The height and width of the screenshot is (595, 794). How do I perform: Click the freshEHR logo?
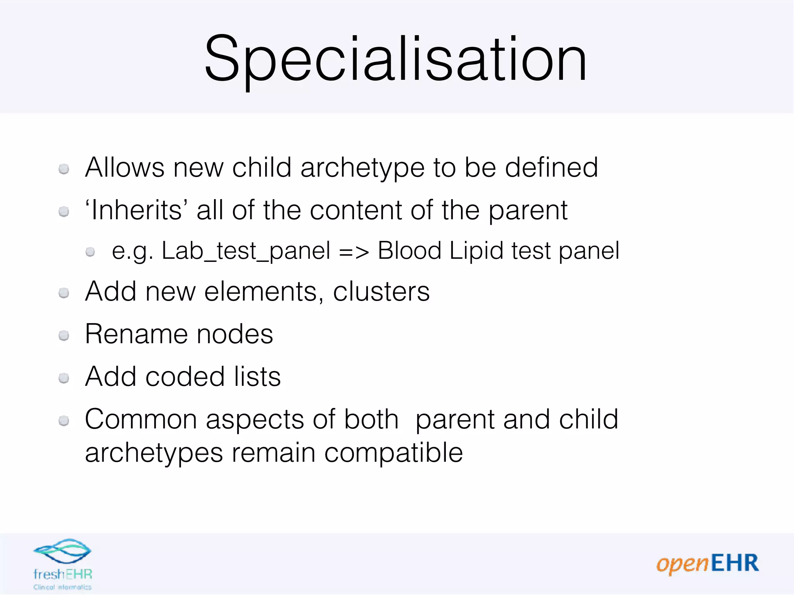point(62,564)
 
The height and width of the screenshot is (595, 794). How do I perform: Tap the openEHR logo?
point(708,564)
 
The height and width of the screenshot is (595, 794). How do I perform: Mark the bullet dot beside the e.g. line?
point(90,252)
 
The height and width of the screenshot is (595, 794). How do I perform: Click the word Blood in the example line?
point(409,251)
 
